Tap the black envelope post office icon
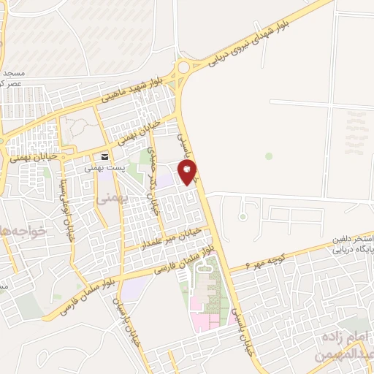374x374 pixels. coord(106,156)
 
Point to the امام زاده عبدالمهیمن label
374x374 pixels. coord(343,348)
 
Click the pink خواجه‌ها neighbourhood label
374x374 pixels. coord(22,232)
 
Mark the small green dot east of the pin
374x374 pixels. coord(269,156)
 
